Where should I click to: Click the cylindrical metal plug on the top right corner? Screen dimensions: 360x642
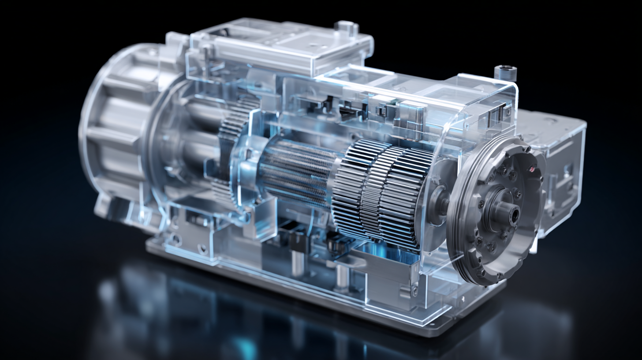(x=505, y=72)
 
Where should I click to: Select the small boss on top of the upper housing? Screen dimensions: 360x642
(x=346, y=27)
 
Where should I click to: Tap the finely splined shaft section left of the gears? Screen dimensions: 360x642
(x=295, y=172)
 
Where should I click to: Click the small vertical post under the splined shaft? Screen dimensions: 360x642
(x=296, y=260)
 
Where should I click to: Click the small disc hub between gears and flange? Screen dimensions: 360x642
(x=439, y=201)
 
